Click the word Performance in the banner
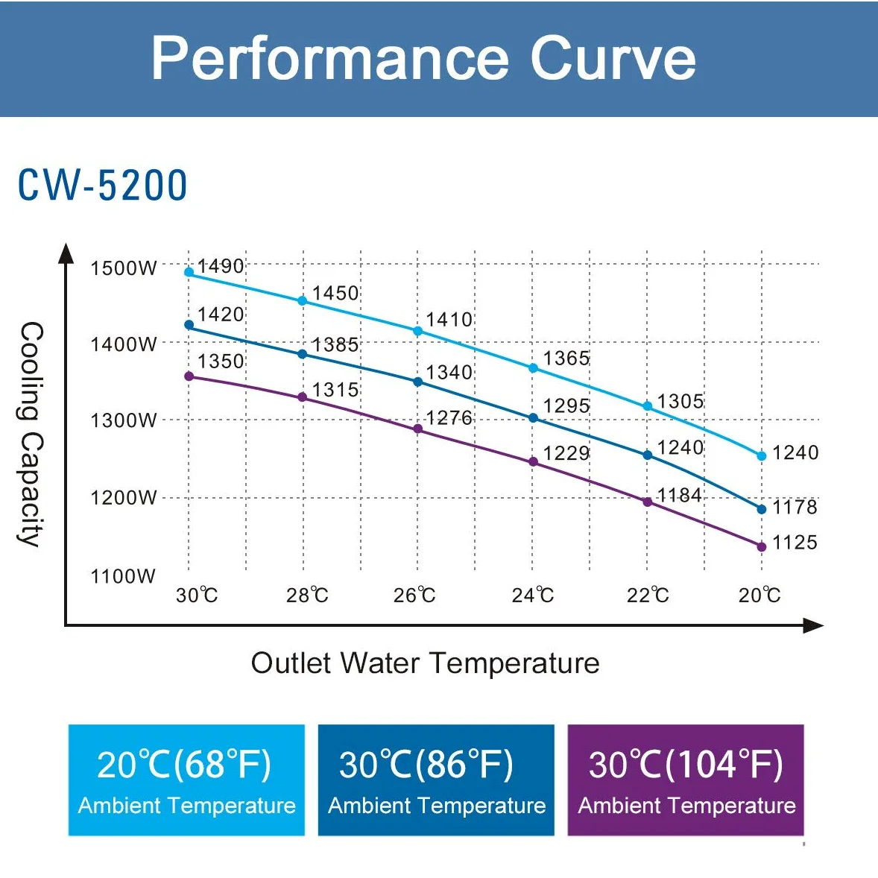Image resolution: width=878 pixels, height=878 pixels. click(330, 58)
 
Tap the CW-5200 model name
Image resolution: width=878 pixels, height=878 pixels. click(102, 185)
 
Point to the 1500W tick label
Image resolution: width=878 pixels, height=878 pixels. click(124, 268)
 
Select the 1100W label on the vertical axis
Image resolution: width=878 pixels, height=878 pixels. click(123, 575)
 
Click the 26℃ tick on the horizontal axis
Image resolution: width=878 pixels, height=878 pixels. click(414, 595)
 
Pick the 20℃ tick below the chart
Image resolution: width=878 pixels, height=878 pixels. click(759, 595)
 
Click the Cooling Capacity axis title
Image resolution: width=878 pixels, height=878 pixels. click(31, 434)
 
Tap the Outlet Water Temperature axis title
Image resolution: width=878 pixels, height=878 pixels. click(425, 663)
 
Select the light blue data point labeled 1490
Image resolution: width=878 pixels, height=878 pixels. click(189, 272)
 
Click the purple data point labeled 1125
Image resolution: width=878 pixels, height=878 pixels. click(762, 546)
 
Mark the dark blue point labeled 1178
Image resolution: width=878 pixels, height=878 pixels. click(762, 509)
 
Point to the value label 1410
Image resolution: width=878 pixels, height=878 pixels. click(449, 320)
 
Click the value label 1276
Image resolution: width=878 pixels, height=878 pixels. click(449, 417)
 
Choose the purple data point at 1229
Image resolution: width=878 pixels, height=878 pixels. click(533, 462)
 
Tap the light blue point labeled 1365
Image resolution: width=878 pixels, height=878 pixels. click(533, 368)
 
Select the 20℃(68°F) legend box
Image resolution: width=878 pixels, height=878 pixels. click(186, 780)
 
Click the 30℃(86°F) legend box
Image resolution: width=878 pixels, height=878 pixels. click(436, 780)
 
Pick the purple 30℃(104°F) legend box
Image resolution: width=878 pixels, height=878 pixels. click(686, 780)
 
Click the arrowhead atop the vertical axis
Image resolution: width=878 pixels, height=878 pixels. click(66, 253)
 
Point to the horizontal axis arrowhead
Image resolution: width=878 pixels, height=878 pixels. click(814, 625)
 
